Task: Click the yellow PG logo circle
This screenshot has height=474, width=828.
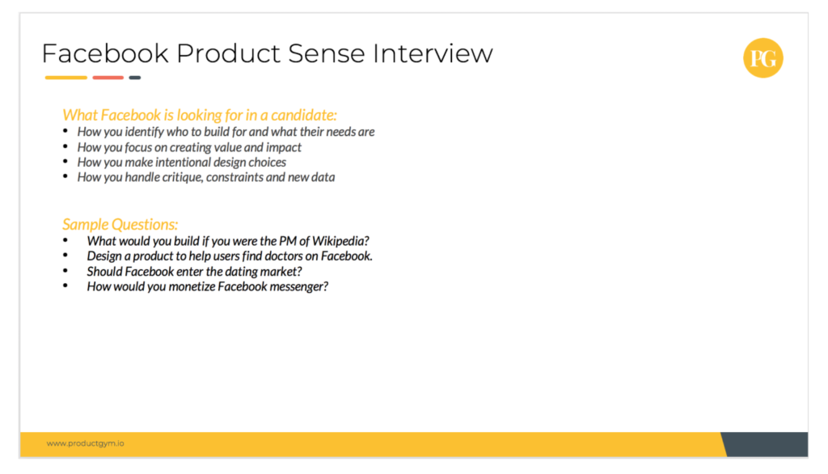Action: click(x=763, y=58)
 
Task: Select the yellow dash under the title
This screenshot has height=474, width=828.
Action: click(x=66, y=78)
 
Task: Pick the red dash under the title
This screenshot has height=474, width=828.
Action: click(x=108, y=78)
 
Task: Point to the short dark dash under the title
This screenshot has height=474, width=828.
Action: click(x=134, y=78)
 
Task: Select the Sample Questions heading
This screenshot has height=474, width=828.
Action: click(x=120, y=224)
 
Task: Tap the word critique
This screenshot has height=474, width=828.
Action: click(x=175, y=177)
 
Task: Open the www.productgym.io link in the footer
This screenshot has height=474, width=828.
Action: click(x=85, y=444)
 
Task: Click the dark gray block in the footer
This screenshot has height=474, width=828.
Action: click(x=768, y=444)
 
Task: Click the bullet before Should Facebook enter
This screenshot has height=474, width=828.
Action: click(x=65, y=271)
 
